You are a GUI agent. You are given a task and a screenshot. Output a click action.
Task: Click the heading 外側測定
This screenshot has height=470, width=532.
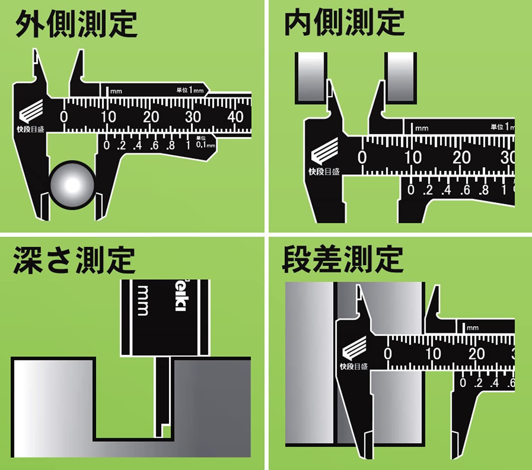coord(76,24)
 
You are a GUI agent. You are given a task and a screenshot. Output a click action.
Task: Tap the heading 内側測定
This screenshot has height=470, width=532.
coord(344,23)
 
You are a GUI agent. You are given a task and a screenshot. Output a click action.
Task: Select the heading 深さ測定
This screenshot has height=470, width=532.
coord(74,260)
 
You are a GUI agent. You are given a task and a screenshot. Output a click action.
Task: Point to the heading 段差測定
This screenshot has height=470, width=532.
coord(343,260)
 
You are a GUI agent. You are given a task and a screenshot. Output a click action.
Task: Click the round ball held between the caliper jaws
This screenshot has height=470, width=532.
coord(73,185)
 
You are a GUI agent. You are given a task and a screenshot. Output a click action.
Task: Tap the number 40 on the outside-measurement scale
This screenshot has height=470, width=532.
coord(235,117)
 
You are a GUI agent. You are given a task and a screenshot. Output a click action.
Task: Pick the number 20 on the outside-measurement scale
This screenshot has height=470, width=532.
coord(151,117)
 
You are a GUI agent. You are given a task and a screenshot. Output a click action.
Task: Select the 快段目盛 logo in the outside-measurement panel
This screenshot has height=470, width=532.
coord(31,118)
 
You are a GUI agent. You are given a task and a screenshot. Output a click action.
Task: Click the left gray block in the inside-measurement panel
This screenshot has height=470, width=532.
coord(310,78)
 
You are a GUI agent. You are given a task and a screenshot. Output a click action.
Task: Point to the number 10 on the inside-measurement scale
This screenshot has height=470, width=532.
coord(413,158)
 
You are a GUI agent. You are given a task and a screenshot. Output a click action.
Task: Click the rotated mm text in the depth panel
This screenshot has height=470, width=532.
coord(143,300)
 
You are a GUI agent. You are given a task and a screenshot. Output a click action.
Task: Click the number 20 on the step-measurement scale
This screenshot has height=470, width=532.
coord(476,354)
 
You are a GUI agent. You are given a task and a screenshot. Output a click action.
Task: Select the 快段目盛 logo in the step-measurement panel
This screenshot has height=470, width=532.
coord(354,354)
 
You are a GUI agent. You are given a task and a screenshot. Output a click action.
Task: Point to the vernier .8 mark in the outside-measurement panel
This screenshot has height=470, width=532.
coord(171,145)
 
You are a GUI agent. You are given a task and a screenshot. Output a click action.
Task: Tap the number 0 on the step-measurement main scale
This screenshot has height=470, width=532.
coord(388,354)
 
